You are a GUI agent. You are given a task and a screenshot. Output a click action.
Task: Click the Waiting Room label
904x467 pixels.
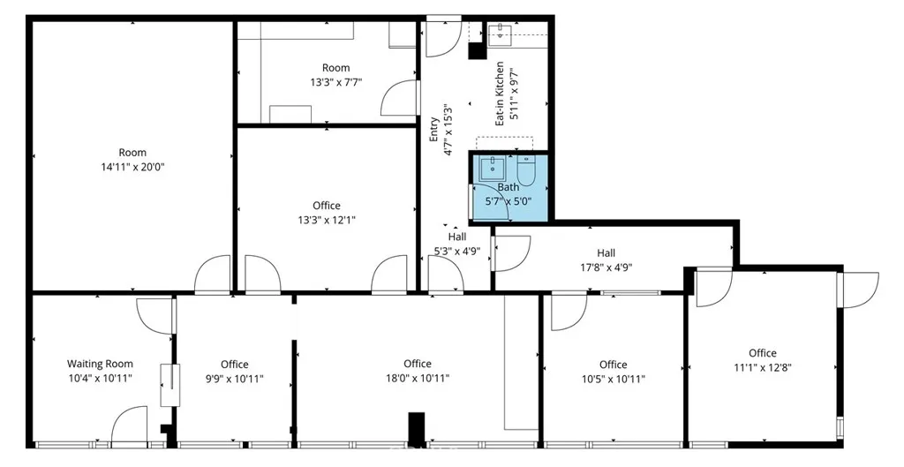coord(100,364)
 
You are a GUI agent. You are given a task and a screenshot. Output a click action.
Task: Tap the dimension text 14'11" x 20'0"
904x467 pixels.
coord(133,166)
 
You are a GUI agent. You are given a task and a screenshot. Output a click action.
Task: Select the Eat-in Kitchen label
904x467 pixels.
coord(500,94)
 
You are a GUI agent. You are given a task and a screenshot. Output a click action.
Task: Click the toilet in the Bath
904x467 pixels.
coord(526,169)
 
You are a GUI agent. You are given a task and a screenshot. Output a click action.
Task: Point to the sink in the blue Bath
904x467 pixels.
coord(491,167)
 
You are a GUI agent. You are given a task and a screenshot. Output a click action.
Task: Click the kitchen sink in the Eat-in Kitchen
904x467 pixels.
coord(501,34)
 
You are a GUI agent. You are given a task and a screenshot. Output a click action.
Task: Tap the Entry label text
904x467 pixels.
coord(433,130)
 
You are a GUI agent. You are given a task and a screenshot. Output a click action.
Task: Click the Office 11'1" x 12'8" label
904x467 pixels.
coord(763,353)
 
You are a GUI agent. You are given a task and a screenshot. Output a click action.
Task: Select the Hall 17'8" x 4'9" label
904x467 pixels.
coord(606,252)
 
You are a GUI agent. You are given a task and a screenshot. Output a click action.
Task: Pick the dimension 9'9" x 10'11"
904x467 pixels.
coord(235,379)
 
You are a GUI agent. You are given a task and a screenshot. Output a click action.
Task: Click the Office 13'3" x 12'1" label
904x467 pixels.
coord(327,206)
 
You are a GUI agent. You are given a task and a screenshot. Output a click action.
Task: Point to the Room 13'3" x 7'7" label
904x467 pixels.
coord(335,68)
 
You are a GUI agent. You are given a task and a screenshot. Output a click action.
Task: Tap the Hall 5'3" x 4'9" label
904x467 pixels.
coord(457,237)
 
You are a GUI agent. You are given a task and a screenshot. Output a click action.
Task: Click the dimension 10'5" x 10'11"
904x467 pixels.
coord(613,379)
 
